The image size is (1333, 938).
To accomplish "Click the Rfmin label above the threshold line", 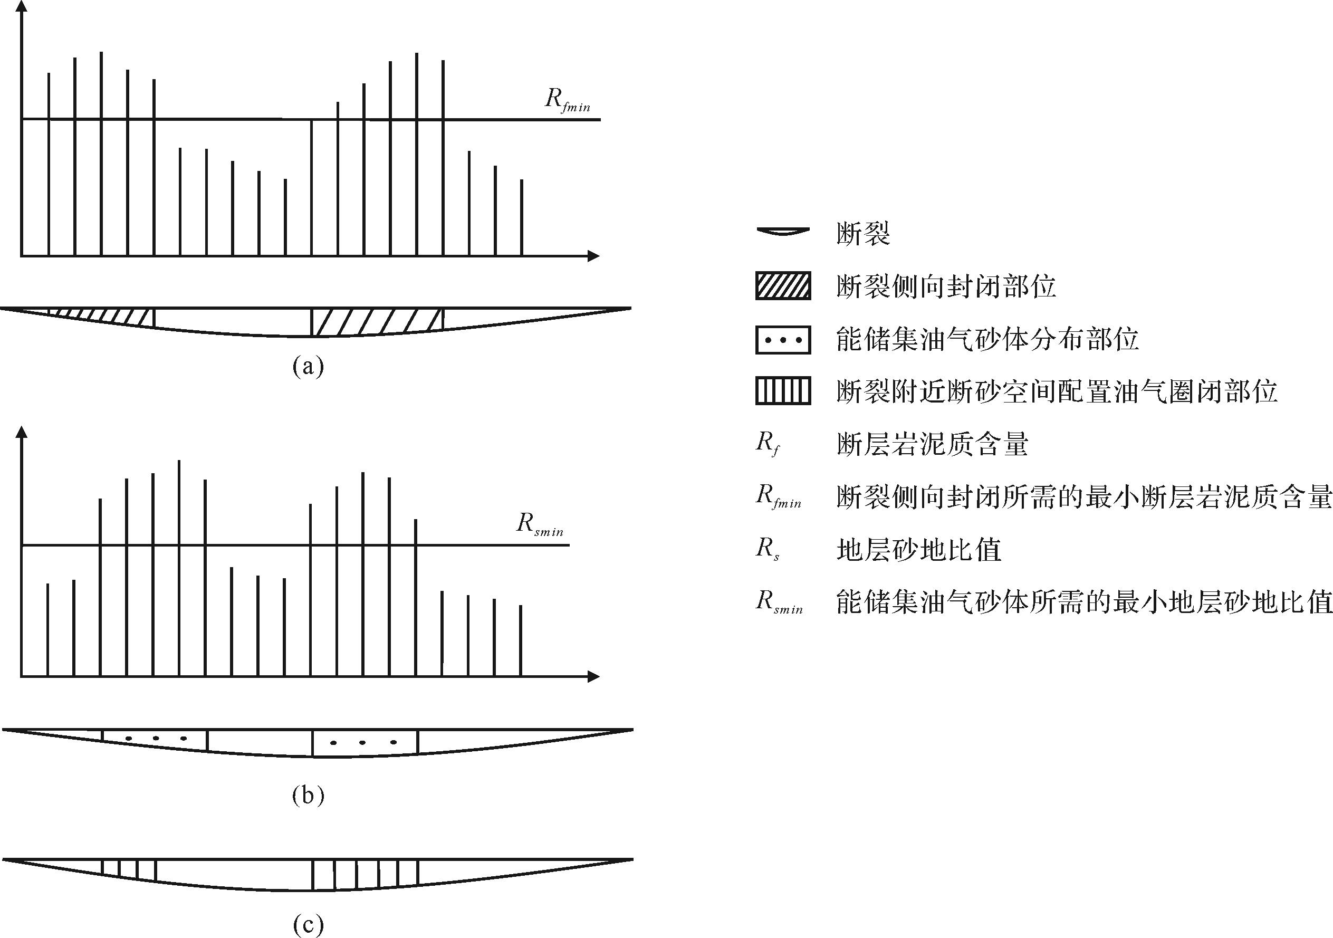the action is click(x=567, y=100).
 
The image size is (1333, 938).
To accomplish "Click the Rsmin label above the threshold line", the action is click(x=540, y=525).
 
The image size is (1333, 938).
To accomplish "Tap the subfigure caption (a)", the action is click(x=308, y=367).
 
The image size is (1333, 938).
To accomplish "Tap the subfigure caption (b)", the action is click(x=308, y=795).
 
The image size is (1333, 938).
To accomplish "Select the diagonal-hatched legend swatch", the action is click(x=783, y=286).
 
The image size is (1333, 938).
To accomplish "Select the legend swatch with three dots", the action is click(x=783, y=340).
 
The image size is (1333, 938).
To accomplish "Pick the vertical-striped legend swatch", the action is click(x=783, y=391).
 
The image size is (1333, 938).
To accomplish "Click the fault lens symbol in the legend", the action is click(x=783, y=232).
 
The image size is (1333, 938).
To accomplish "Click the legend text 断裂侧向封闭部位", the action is click(x=946, y=286).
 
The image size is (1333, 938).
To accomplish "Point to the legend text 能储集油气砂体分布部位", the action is click(x=987, y=340).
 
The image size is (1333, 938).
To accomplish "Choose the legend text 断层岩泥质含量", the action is click(x=933, y=444).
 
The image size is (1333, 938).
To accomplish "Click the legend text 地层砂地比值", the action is click(x=918, y=550).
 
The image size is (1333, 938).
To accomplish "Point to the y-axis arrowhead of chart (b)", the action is click(x=22, y=432).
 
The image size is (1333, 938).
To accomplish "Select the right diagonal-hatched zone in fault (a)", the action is click(x=377, y=322).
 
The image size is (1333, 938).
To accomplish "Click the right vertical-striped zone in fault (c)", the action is click(x=365, y=874).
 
